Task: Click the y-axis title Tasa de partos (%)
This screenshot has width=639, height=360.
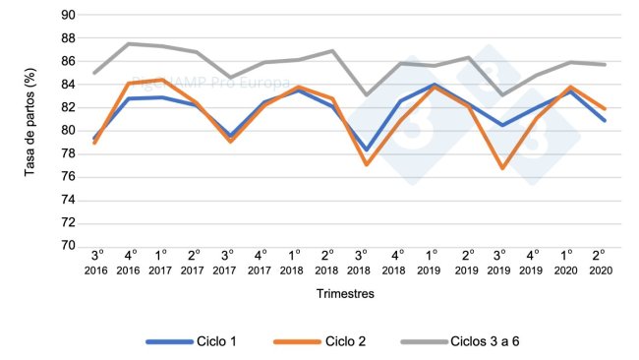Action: [30, 130]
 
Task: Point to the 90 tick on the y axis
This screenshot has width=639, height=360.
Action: [67, 15]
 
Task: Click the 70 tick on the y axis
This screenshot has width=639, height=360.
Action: [67, 246]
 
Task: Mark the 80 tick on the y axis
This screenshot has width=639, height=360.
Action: [67, 131]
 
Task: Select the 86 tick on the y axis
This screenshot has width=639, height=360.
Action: [67, 61]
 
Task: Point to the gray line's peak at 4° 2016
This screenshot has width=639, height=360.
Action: [130, 43]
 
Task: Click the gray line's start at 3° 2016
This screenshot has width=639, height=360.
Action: [96, 73]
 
